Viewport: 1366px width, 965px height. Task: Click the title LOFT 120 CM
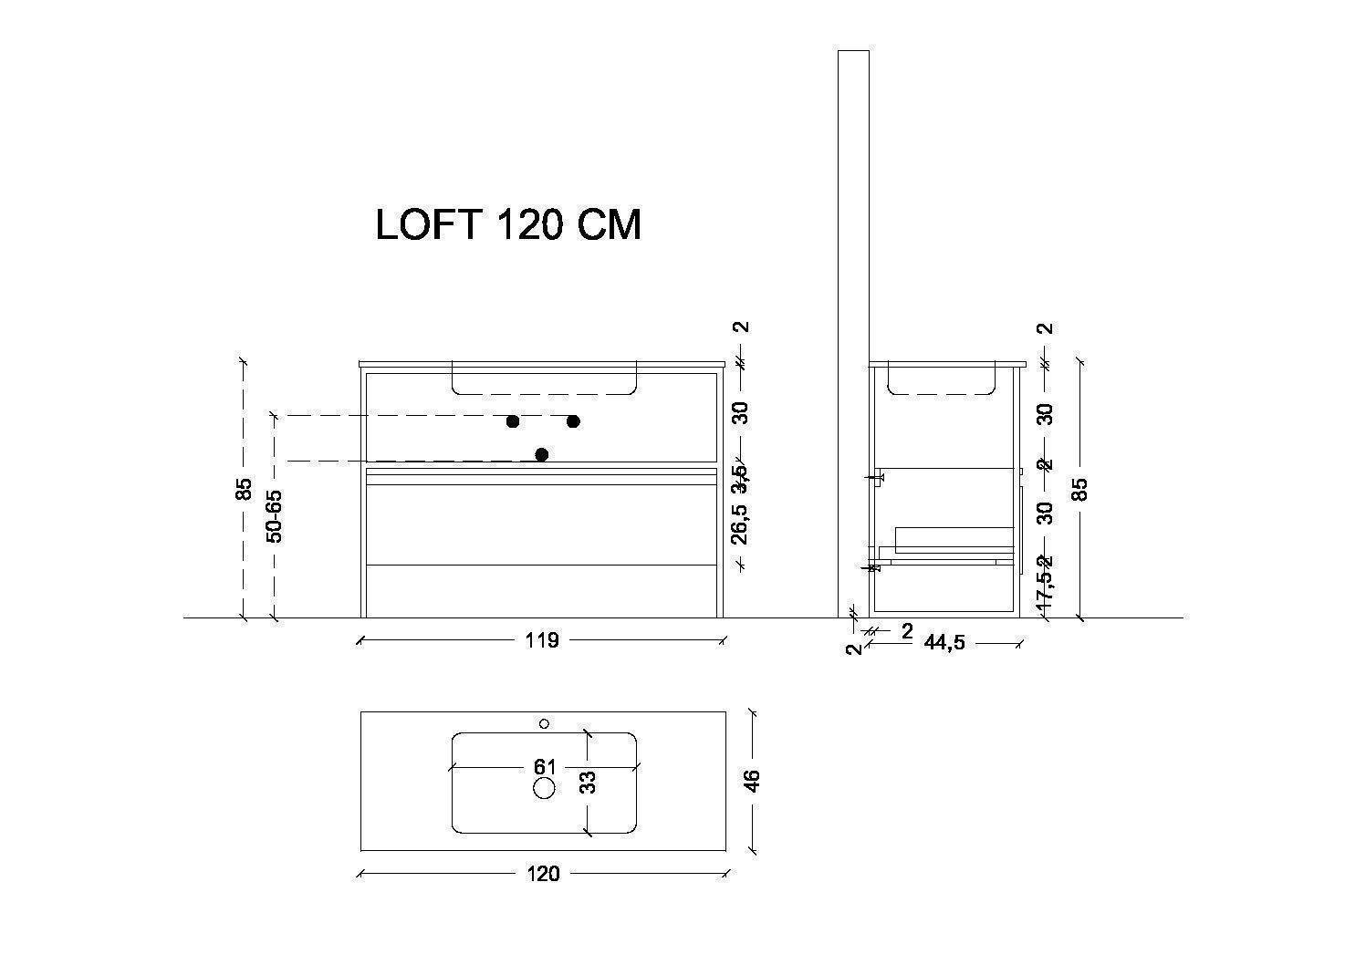pos(508,224)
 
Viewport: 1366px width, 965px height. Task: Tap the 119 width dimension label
pos(541,640)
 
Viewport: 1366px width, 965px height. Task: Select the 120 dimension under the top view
pos(543,874)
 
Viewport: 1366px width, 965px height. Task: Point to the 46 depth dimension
pos(751,781)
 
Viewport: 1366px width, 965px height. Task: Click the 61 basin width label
pos(545,767)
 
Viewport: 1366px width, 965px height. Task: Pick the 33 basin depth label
pos(589,782)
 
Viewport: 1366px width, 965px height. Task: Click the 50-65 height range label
pos(274,516)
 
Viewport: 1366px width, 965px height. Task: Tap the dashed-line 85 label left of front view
pos(243,490)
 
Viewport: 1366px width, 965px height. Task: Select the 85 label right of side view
pos(1080,490)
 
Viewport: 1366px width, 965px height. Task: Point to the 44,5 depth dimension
pos(944,643)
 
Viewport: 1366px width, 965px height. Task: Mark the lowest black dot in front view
pos(542,454)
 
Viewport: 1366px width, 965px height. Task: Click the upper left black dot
pos(513,421)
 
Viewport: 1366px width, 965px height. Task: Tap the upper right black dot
pos(573,421)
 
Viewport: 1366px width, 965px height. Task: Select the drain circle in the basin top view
pos(544,788)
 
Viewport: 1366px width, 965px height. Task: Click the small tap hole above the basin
pos(544,723)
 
